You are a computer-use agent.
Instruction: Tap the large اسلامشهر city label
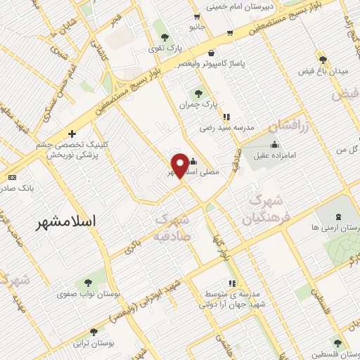(67, 221)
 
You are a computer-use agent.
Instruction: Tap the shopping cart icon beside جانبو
(230, 32)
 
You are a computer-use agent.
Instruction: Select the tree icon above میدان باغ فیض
(323, 60)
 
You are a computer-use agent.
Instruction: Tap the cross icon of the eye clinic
(71, 134)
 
